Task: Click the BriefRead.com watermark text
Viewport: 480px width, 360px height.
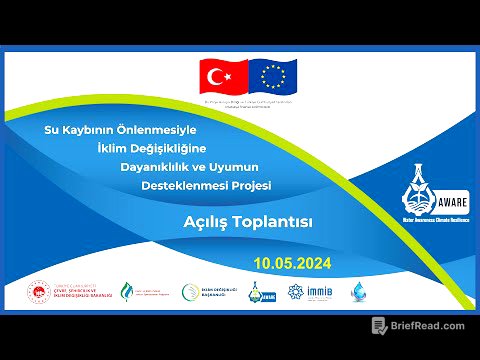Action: pyautogui.click(x=427, y=326)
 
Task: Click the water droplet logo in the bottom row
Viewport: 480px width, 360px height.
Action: pyautogui.click(x=358, y=292)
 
